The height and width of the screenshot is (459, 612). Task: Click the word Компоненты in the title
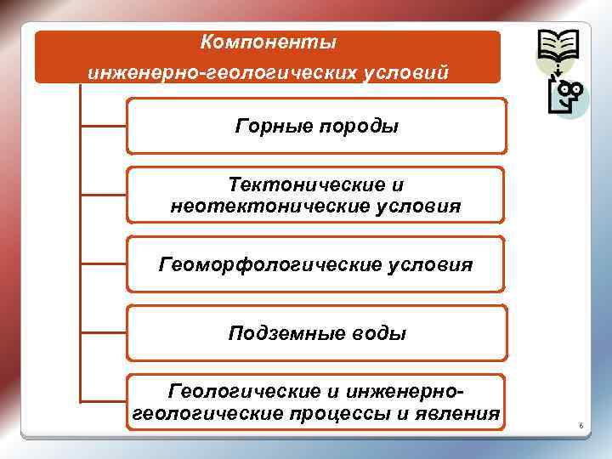pyautogui.click(x=269, y=42)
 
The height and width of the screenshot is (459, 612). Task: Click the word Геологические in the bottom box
pyautogui.click(x=231, y=391)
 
